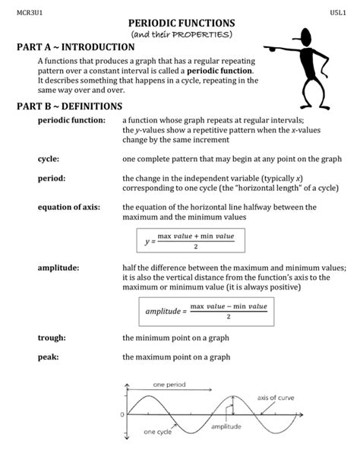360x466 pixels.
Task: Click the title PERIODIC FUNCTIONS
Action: pos(181,24)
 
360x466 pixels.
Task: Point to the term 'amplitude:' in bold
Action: pos(58,269)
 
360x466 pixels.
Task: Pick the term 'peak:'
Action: pos(48,356)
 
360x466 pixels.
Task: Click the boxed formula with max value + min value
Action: pos(190,241)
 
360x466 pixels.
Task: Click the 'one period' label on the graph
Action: pos(169,385)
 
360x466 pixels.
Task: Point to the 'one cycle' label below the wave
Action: pos(159,433)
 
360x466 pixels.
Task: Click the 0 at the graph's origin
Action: pos(122,414)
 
